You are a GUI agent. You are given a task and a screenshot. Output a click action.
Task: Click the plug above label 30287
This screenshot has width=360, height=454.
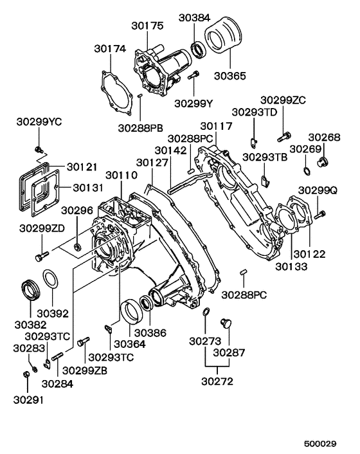226,321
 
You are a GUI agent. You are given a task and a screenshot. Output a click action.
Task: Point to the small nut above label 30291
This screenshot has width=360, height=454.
26,375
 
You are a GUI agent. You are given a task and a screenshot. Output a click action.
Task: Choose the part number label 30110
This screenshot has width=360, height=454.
122,175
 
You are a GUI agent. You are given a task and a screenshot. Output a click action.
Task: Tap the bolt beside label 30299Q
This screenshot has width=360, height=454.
320,213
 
